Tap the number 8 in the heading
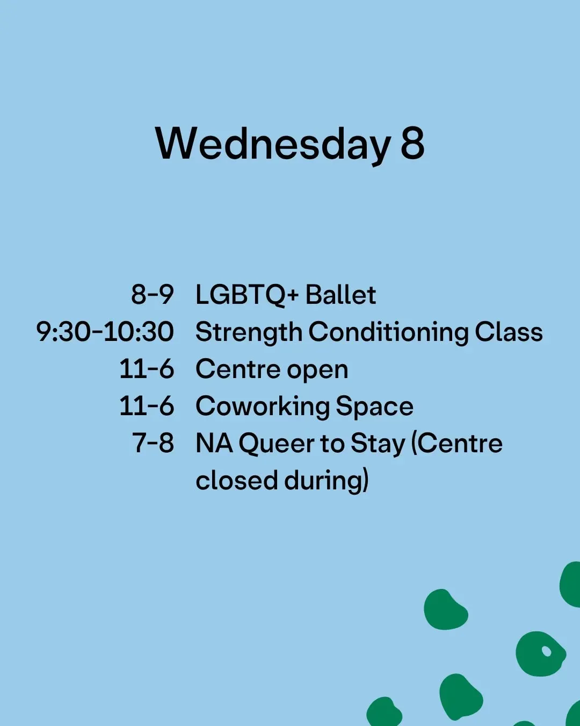[412, 143]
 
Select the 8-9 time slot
[153, 295]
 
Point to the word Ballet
[340, 295]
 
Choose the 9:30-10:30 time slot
[105, 332]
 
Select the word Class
[509, 332]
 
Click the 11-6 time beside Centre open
[147, 369]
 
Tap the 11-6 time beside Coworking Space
[147, 406]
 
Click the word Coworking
[263, 407]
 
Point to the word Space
[375, 408]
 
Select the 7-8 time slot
[153, 443]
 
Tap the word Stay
[378, 445]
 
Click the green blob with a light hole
[541, 654]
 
